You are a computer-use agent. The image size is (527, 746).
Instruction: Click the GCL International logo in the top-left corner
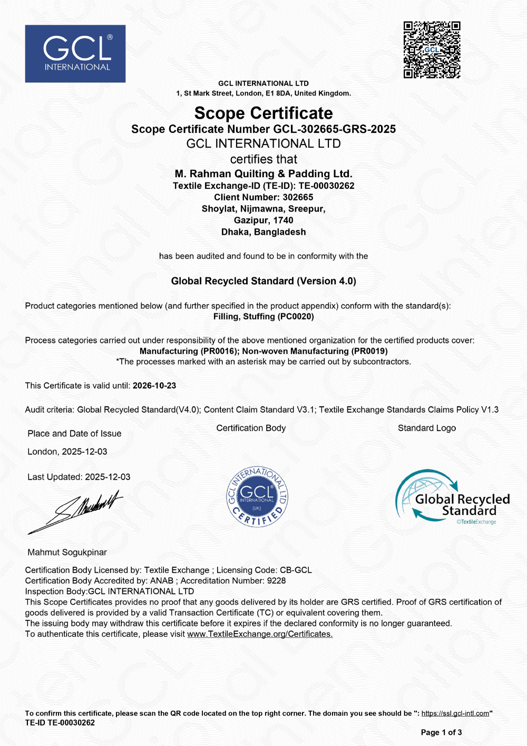pyautogui.click(x=75, y=54)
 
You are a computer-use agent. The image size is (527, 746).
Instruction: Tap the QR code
pyautogui.click(x=432, y=50)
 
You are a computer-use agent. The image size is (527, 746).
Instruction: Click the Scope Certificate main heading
pyautogui.click(x=263, y=113)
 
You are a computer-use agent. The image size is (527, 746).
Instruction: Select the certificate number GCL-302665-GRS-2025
pyautogui.click(x=334, y=129)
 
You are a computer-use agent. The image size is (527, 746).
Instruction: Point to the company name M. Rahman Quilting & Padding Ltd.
pyautogui.click(x=263, y=174)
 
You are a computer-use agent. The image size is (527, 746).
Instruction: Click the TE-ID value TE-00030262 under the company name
pyautogui.click(x=326, y=186)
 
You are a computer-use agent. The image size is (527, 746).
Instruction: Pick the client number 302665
pyautogui.click(x=298, y=197)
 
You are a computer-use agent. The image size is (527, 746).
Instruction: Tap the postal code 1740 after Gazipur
pyautogui.click(x=283, y=220)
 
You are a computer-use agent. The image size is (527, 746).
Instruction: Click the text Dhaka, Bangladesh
pyautogui.click(x=263, y=232)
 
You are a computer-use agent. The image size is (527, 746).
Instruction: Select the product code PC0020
pyautogui.click(x=295, y=316)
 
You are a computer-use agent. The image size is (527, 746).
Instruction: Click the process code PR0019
pyautogui.click(x=369, y=351)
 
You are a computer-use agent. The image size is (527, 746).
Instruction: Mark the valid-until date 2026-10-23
pyautogui.click(x=154, y=385)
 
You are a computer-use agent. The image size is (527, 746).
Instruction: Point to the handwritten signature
pyautogui.click(x=76, y=510)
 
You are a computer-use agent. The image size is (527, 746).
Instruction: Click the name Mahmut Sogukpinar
pyautogui.click(x=67, y=553)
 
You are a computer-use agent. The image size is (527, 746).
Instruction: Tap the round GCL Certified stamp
pyautogui.click(x=257, y=497)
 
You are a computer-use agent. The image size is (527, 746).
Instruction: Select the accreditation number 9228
pyautogui.click(x=276, y=580)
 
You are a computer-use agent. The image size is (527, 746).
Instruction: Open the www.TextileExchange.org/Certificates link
pyautogui.click(x=260, y=634)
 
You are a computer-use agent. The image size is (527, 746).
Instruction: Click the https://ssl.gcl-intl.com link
pyautogui.click(x=455, y=713)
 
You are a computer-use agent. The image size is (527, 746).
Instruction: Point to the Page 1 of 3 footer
pyautogui.click(x=441, y=732)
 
